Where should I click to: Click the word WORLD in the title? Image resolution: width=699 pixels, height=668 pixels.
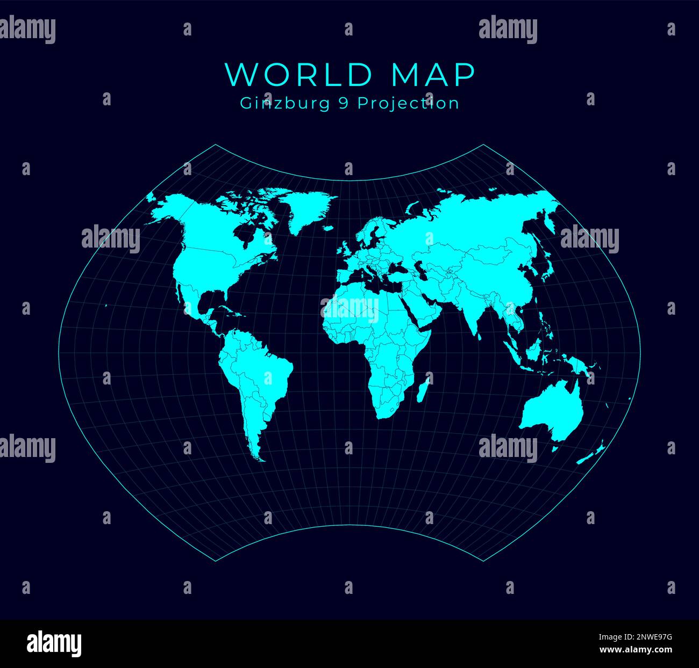click(298, 75)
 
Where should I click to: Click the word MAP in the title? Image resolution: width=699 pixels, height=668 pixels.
click(433, 75)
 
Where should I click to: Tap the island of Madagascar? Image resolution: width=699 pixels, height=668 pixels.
click(424, 389)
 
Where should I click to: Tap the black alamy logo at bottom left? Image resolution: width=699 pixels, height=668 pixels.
click(54, 642)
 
